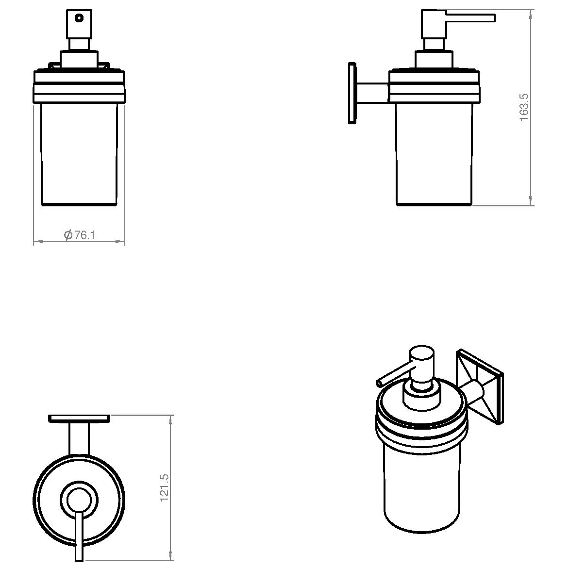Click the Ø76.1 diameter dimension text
(x=79, y=235)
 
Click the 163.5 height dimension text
(x=524, y=107)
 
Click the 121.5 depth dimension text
(x=164, y=488)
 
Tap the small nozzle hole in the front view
(x=79, y=18)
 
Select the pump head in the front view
(x=79, y=24)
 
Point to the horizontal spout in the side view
(x=470, y=18)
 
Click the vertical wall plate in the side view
(x=352, y=93)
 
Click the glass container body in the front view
(x=79, y=154)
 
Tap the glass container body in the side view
(x=434, y=154)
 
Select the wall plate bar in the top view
(x=79, y=419)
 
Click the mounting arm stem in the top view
(x=79, y=439)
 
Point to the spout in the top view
(x=79, y=536)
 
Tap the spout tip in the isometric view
(x=379, y=383)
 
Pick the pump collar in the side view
(x=434, y=59)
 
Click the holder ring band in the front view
(x=79, y=87)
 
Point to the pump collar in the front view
(x=79, y=59)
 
